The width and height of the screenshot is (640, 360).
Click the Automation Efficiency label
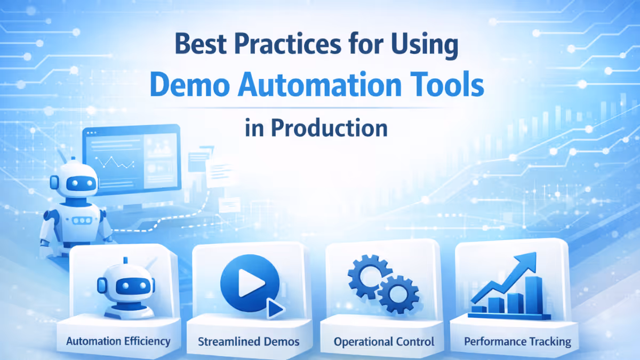pos(118,341)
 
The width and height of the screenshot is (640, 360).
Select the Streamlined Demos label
pos(249,341)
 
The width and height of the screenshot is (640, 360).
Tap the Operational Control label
pos(384,341)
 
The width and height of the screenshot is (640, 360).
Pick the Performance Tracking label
pos(517,341)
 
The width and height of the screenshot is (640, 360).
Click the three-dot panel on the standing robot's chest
pos(81,220)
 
